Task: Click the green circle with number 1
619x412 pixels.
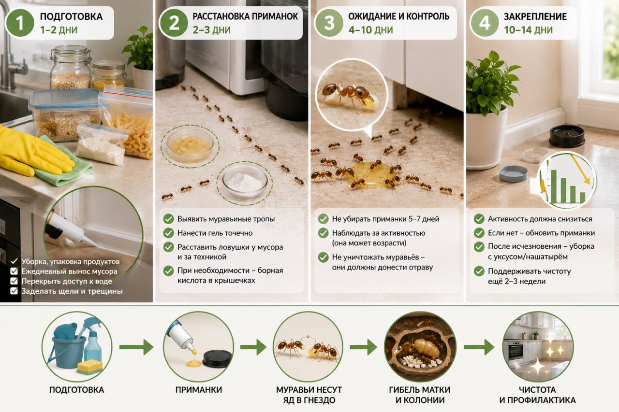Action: pyautogui.click(x=20, y=23)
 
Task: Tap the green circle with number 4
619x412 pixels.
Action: pyautogui.click(x=485, y=23)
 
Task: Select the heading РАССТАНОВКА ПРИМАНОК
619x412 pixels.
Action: pyautogui.click(x=245, y=16)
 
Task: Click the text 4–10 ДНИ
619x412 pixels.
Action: pyautogui.click(x=370, y=30)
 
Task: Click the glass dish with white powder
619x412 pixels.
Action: pyautogui.click(x=245, y=182)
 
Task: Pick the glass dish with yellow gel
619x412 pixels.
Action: pyautogui.click(x=190, y=145)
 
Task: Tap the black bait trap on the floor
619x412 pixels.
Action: pyautogui.click(x=567, y=136)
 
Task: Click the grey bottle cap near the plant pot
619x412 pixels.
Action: pyautogui.click(x=513, y=173)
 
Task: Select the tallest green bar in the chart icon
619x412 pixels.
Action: pyautogui.click(x=554, y=186)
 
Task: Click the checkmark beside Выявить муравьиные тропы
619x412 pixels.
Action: pyautogui.click(x=168, y=219)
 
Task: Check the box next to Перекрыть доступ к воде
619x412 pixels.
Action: pyautogui.click(x=14, y=281)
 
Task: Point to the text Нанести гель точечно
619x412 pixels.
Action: pyautogui.click(x=215, y=233)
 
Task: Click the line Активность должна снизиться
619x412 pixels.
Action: pyautogui.click(x=540, y=219)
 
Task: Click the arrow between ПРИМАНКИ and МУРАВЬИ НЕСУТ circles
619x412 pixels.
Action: pyautogui.click(x=253, y=347)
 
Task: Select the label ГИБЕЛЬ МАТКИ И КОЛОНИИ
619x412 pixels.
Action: pyautogui.click(x=420, y=395)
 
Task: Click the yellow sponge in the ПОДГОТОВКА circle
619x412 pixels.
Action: pyautogui.click(x=90, y=367)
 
